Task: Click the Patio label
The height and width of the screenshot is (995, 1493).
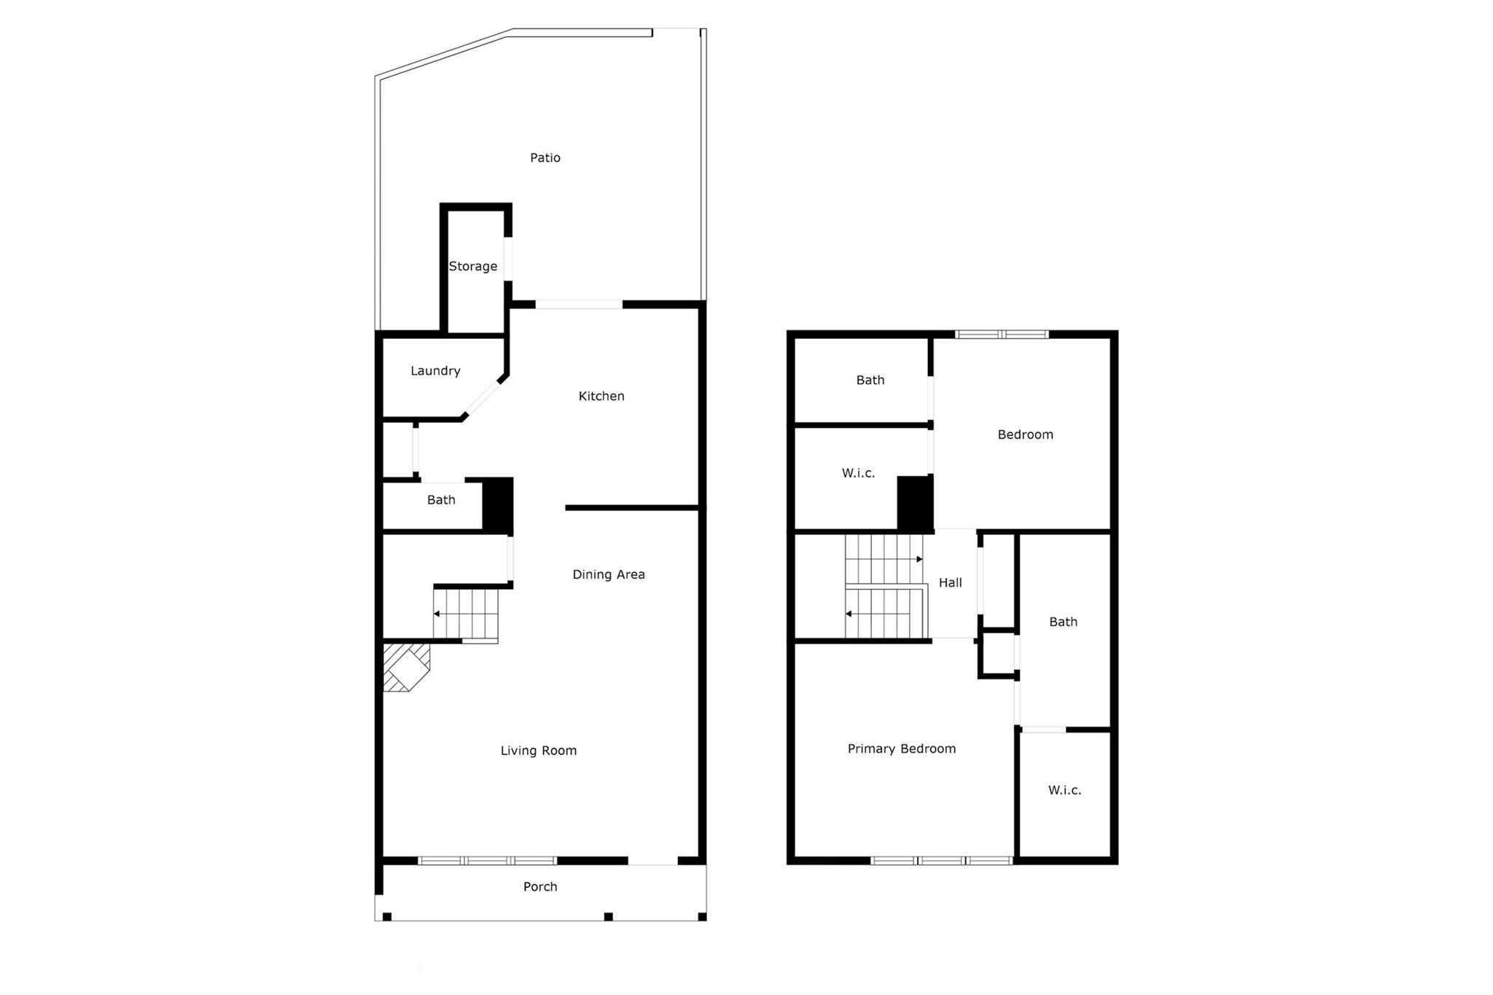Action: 545,157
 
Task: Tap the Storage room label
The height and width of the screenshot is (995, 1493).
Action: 473,266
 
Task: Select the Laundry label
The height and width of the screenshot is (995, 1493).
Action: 435,371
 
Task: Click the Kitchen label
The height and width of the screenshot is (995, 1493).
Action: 601,396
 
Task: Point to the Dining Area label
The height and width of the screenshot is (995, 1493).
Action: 609,574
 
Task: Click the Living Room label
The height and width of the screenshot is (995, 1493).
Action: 539,750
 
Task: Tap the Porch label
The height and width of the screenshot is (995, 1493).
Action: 540,886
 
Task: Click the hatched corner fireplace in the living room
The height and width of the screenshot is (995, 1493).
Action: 405,666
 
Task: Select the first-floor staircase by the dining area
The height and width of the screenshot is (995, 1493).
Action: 466,614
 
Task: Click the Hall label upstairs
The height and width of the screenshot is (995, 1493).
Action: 950,582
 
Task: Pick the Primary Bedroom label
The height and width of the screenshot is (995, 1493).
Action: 902,749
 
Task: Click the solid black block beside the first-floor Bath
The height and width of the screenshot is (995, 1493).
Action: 498,504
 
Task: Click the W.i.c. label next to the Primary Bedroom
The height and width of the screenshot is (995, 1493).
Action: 1064,790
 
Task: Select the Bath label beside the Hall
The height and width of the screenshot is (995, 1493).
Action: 1063,622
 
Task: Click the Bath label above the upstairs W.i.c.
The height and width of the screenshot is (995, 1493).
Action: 870,380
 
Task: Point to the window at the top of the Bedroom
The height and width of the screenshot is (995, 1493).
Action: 1002,335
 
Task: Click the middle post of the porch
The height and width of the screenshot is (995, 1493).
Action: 609,916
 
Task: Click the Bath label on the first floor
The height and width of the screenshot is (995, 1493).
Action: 441,500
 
